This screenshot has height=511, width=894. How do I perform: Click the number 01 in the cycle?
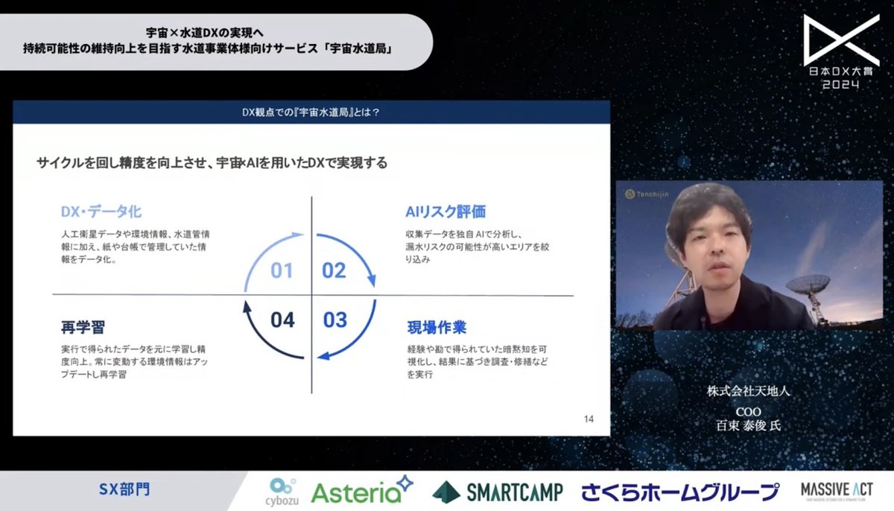click(x=281, y=270)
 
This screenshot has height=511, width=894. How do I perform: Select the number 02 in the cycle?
click(x=334, y=270)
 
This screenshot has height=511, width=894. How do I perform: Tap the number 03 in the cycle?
click(x=335, y=320)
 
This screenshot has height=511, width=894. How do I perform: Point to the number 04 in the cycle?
click(x=282, y=320)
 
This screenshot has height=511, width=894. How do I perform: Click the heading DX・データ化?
click(x=101, y=212)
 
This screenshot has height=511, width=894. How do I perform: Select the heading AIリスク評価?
click(x=446, y=212)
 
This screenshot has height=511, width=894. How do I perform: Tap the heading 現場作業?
click(x=437, y=327)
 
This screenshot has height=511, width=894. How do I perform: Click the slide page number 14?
click(x=589, y=419)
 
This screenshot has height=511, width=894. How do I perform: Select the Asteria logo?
click(x=361, y=491)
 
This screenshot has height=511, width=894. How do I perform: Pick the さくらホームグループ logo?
click(x=679, y=492)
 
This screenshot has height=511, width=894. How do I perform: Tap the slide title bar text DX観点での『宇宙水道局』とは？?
click(x=312, y=112)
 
